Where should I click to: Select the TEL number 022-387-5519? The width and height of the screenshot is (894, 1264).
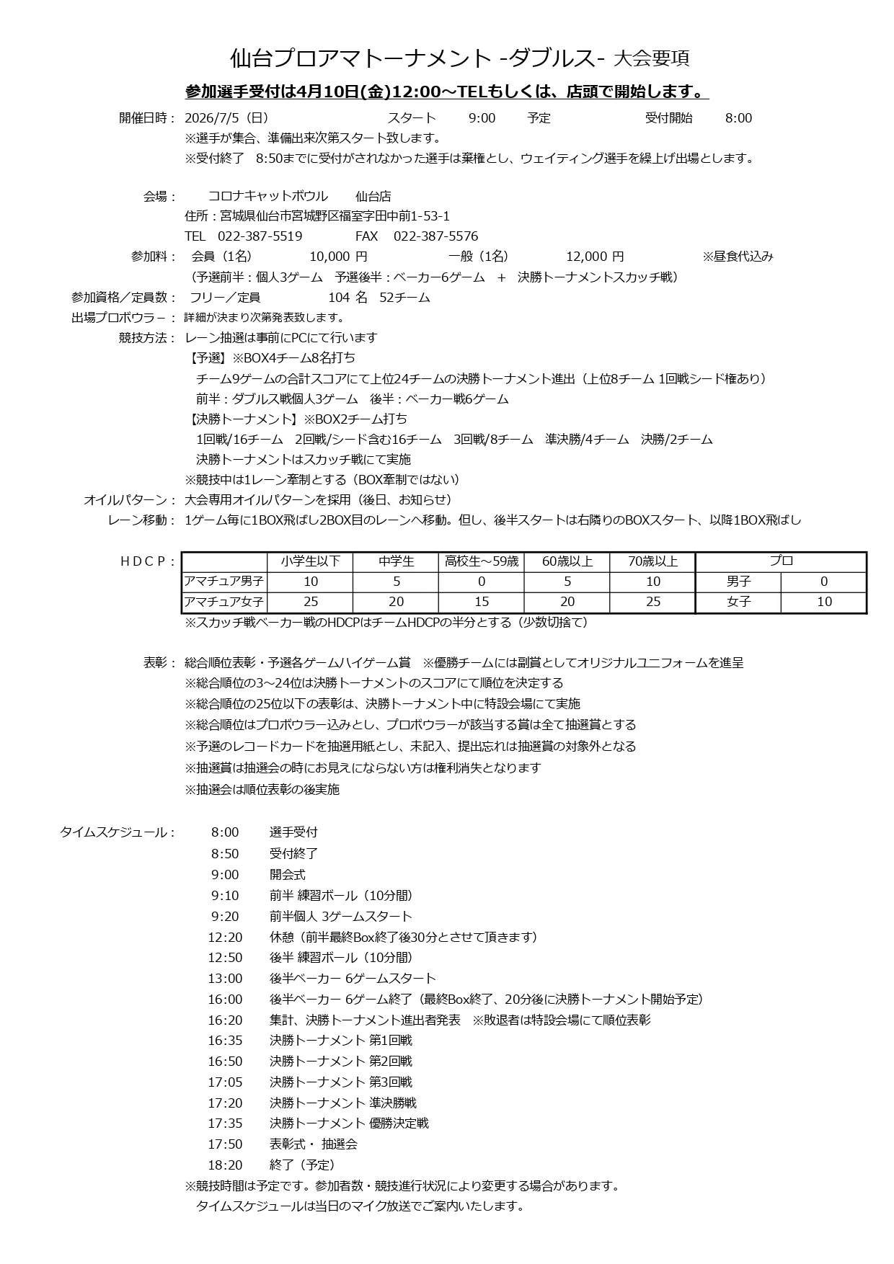click(x=260, y=236)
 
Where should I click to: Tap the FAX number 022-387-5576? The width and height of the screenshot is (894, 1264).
click(x=435, y=236)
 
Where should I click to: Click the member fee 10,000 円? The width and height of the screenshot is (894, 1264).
click(x=338, y=257)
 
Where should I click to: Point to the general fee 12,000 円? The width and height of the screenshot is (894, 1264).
click(x=595, y=257)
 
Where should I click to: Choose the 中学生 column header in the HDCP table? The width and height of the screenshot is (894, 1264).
click(x=396, y=561)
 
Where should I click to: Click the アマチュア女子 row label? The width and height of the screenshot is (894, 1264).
click(x=224, y=602)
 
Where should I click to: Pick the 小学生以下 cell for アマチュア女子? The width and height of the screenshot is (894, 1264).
click(x=311, y=602)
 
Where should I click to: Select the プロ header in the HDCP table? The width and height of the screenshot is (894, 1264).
click(x=781, y=561)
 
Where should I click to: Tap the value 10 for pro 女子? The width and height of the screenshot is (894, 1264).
click(x=823, y=602)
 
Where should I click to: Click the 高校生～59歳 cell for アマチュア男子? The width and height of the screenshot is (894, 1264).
click(x=482, y=582)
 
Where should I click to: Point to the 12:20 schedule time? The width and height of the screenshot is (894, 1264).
click(x=225, y=938)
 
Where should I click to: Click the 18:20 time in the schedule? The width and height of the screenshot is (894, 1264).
click(x=225, y=1165)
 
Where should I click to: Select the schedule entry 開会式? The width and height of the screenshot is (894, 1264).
click(x=288, y=875)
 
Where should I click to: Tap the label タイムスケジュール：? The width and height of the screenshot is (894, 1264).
click(x=118, y=833)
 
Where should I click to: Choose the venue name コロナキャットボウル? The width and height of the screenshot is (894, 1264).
click(x=267, y=197)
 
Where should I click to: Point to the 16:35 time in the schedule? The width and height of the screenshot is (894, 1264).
click(x=225, y=1041)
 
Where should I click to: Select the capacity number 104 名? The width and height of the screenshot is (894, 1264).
click(x=348, y=298)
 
